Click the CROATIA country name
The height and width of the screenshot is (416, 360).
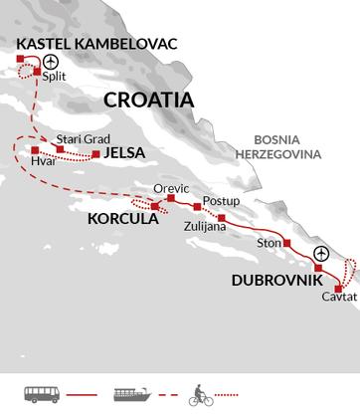point(149,102)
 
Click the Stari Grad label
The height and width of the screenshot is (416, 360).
point(77,138)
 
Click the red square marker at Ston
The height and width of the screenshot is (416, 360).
point(286,243)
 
